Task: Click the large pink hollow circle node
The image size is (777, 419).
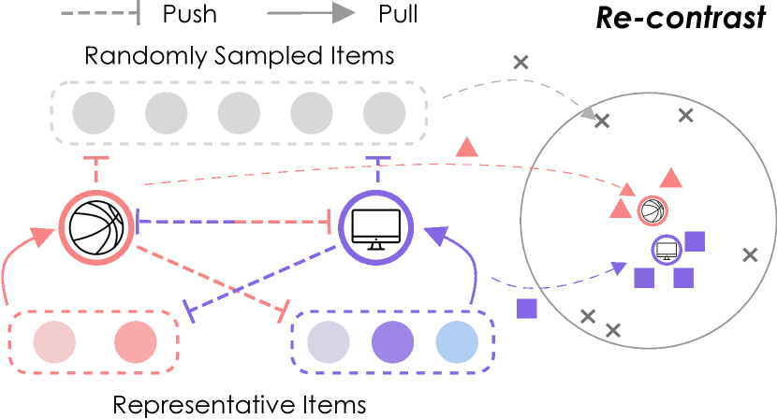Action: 96,227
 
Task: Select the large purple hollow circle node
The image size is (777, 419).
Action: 375,227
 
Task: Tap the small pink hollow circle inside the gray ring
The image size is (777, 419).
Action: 652,210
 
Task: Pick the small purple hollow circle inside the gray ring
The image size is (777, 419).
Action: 667,250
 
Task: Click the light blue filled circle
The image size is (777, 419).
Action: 457,342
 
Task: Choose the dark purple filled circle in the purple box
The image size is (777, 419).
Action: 393,342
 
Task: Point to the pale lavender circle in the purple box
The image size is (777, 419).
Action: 329,342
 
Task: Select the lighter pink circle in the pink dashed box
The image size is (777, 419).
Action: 54,342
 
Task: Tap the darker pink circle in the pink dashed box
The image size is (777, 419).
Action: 136,342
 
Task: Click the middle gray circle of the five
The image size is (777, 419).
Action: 239,113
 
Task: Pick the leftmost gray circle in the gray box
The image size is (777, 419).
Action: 94,113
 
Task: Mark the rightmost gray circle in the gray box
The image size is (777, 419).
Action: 385,113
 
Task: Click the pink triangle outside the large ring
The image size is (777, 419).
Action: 466,147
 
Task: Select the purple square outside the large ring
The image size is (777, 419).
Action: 527,309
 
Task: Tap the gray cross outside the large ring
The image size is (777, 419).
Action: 520,63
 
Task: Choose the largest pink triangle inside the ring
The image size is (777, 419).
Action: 670,178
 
